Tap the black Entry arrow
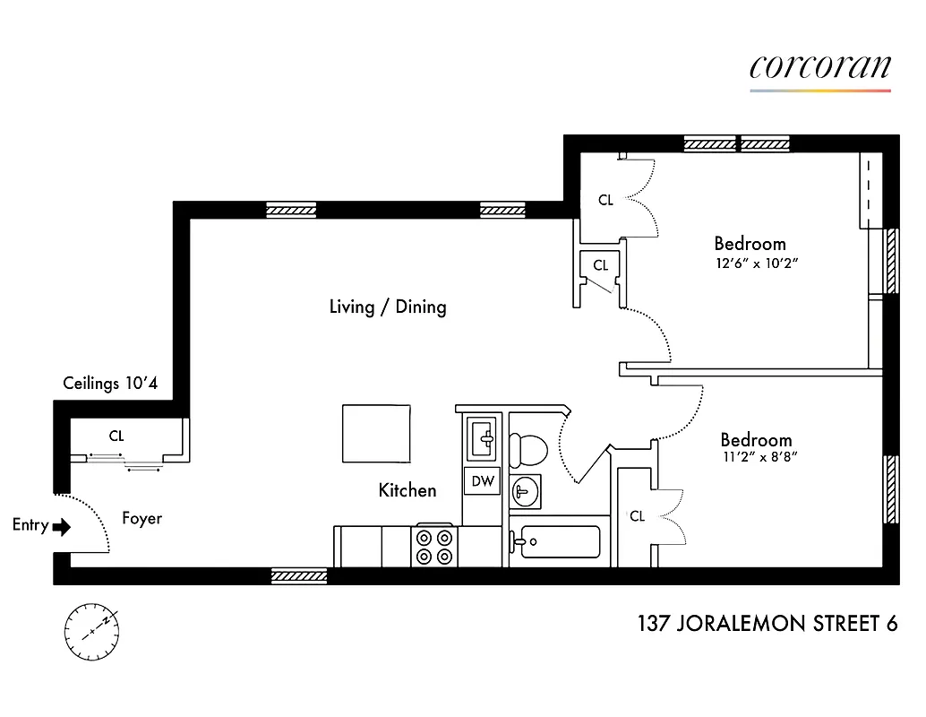point(61,526)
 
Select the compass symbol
point(91,629)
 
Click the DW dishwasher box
point(483,481)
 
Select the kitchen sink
point(484,437)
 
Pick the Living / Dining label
point(388,307)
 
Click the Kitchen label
point(407,490)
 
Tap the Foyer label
point(141,518)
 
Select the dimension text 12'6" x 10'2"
point(756,263)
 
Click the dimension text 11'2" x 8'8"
point(759,456)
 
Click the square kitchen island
point(376,433)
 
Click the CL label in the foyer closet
point(116,436)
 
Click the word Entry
point(30,525)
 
